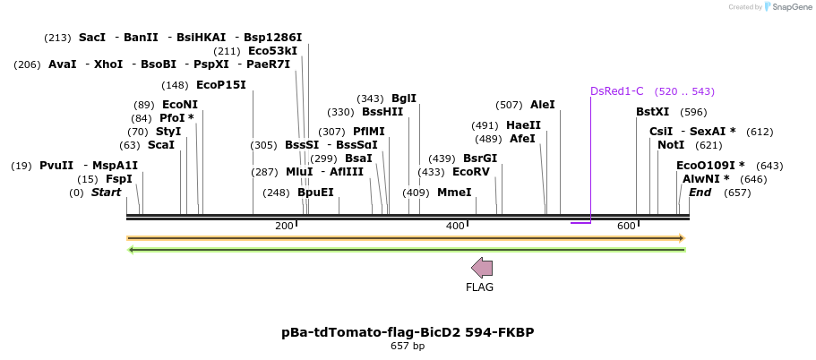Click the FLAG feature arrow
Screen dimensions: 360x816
(482, 267)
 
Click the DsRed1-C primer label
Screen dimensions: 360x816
(616, 91)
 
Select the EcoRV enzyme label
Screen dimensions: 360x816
(471, 172)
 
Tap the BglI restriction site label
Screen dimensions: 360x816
(404, 99)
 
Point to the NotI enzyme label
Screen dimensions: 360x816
(671, 145)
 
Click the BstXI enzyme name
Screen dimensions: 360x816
(652, 112)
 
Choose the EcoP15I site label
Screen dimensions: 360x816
(220, 85)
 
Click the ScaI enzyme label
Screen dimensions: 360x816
(161, 145)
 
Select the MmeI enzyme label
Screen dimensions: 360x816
(454, 193)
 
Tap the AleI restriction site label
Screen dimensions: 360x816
(543, 105)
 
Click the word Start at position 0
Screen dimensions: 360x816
(106, 193)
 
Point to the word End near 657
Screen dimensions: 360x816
(700, 193)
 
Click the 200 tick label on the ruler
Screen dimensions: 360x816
(284, 226)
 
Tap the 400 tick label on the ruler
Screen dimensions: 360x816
(455, 226)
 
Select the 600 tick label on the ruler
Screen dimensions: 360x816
(626, 226)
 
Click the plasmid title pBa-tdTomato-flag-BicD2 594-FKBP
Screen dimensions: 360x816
(408, 332)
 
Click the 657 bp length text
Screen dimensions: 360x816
(408, 347)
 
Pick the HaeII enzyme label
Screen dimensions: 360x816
(523, 125)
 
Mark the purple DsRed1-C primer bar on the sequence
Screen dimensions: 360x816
(580, 222)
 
